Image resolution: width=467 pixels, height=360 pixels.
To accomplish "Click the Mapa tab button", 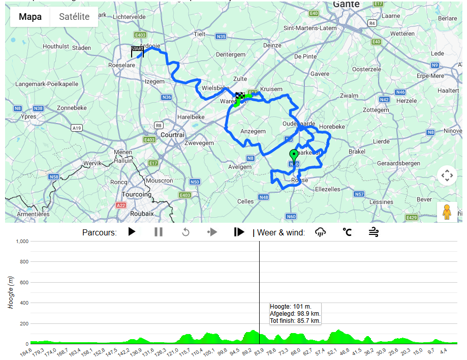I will [x=30, y=17].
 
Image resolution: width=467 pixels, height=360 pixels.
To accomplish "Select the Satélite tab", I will [x=74, y=17].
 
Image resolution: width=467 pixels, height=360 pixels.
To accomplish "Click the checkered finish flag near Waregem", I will [x=240, y=95].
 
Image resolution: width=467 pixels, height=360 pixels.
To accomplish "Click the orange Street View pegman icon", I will [x=447, y=212].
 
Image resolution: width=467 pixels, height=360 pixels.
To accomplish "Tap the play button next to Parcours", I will [x=132, y=232].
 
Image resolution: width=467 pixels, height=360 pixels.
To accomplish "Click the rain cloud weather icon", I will [x=320, y=232].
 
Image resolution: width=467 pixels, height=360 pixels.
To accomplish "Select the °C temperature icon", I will [x=347, y=232].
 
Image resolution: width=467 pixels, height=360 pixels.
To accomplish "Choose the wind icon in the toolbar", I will [x=373, y=232].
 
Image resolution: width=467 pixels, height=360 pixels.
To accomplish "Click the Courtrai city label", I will [x=172, y=135].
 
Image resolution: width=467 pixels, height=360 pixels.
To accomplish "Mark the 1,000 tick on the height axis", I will [x=21, y=242].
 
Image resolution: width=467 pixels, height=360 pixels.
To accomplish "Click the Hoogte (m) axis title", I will [x=11, y=292].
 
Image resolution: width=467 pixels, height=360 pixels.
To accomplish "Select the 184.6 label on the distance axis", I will [x=25, y=351].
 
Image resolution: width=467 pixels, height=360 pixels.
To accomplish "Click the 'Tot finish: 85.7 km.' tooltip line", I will [x=295, y=321].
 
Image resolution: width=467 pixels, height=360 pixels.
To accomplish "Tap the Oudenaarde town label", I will [x=299, y=124].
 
